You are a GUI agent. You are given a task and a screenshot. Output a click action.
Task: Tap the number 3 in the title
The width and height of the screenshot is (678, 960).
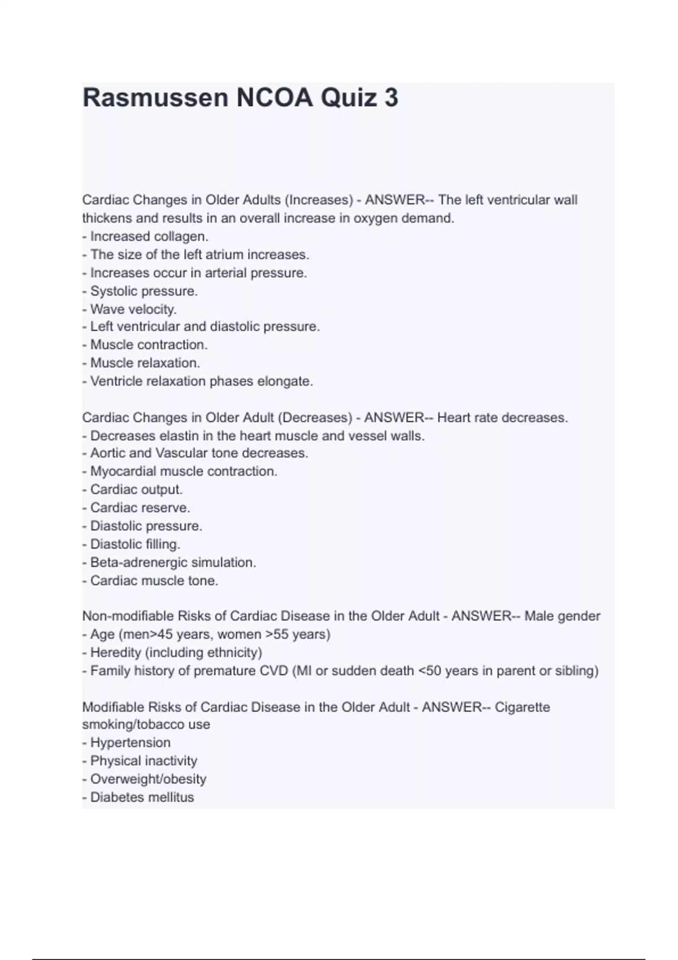(391, 98)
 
